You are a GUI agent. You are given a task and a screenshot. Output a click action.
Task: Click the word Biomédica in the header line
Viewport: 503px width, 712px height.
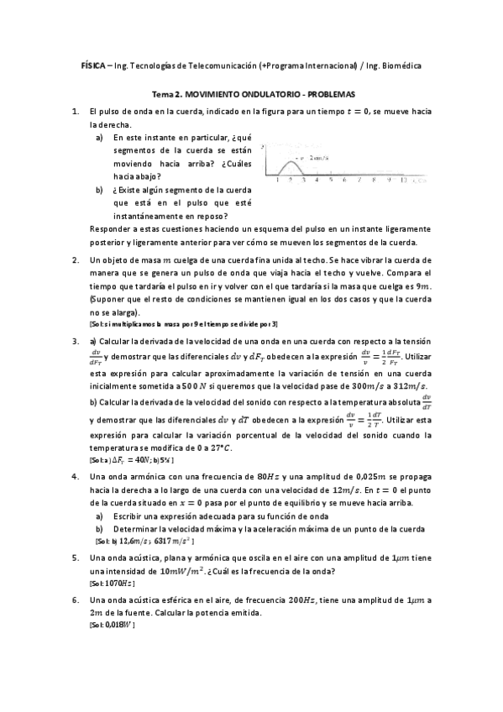(402, 65)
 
